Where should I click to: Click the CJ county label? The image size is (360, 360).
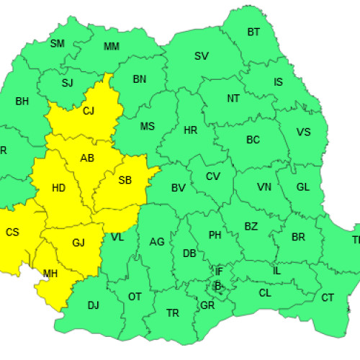coord(89,111)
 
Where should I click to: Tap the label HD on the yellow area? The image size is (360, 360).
coord(60,189)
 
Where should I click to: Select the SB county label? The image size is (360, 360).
coord(125,180)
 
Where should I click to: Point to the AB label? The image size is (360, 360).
coord(87,158)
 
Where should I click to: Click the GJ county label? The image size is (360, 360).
coord(78,243)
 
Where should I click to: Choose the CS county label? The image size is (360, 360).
coord(12,232)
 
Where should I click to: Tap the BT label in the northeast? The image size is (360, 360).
coord(253,32)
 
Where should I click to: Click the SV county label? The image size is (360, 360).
coord(202,56)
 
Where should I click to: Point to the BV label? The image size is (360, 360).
coord(178,189)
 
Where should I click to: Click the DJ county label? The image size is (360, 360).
coord(93,305)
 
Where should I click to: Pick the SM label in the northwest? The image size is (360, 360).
coord(57,43)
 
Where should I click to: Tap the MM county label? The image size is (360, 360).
coord(112,47)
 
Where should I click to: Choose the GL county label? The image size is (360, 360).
coord(302,186)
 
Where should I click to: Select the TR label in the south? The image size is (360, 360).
coord(173,313)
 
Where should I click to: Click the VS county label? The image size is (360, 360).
coord(303,132)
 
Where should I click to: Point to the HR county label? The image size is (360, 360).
coord(190,130)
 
